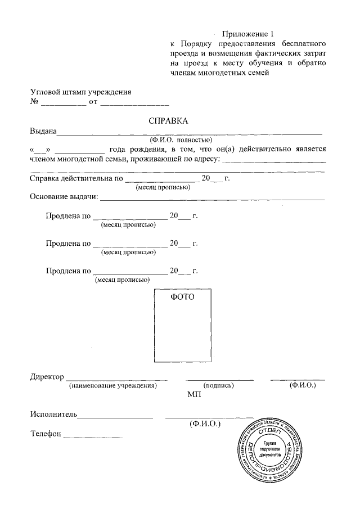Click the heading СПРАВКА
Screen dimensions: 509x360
169,121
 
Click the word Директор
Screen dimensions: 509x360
47,377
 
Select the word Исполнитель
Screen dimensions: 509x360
53,415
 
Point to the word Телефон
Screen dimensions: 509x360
46,435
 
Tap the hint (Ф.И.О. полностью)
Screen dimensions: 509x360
181,140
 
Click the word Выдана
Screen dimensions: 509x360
43,132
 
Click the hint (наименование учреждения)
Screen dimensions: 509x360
112,386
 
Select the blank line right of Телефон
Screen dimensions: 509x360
93,437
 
